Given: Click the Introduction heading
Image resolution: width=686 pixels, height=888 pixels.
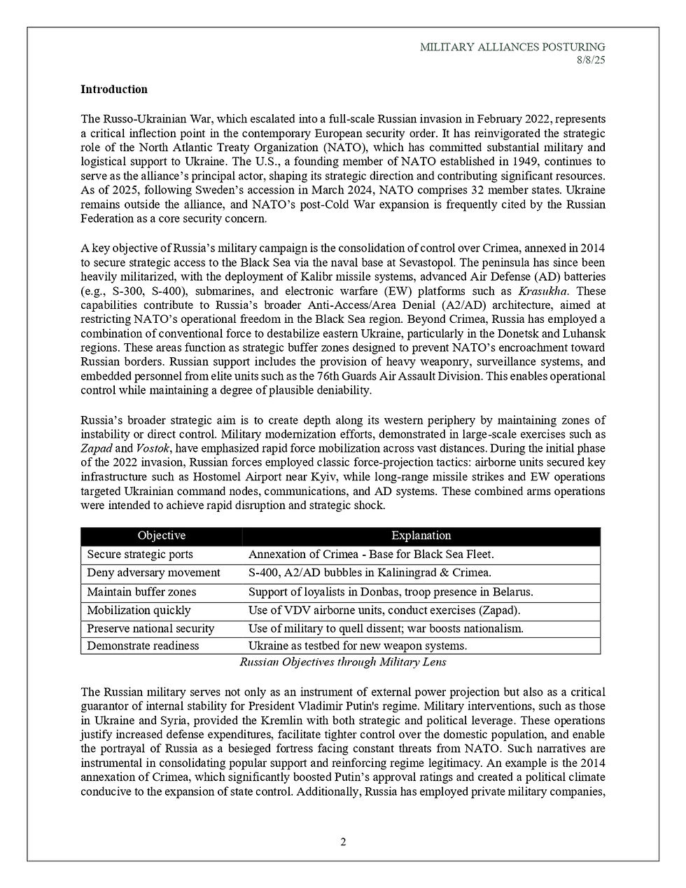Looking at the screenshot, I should click(x=114, y=90).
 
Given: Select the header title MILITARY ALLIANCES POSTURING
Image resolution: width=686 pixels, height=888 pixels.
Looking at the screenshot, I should click(x=512, y=47).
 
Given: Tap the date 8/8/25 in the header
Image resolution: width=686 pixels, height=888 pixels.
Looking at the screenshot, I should click(x=591, y=60).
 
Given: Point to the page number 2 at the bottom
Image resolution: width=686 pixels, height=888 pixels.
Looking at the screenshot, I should click(x=343, y=842).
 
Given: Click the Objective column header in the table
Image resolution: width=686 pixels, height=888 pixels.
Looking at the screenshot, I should click(x=162, y=536).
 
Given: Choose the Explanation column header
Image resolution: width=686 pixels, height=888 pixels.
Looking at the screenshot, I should click(x=421, y=536).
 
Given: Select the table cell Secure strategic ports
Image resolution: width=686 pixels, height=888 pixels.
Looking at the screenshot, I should click(x=140, y=554).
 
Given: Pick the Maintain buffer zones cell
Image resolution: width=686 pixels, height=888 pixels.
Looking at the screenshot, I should click(x=141, y=592).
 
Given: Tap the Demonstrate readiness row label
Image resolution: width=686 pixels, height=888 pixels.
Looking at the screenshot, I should click(x=143, y=646).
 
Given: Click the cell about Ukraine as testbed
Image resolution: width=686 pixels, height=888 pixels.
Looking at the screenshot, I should click(x=358, y=646).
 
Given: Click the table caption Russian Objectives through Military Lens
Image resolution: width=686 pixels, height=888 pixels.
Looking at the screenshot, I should click(x=343, y=662).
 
